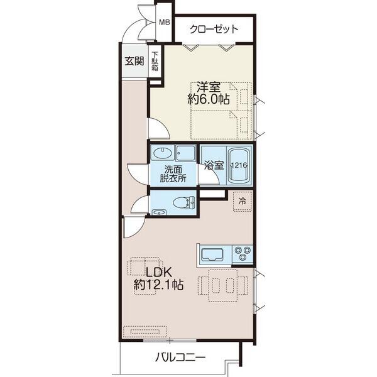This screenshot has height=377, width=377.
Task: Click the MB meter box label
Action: pyautogui.click(x=163, y=23)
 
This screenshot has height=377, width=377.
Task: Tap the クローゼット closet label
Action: pyautogui.click(x=214, y=29)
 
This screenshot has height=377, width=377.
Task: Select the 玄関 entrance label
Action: pyautogui.click(x=133, y=61)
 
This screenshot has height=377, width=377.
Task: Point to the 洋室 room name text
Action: pyautogui.click(x=207, y=87)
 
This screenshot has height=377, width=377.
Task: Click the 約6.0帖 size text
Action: pyautogui.click(x=208, y=99)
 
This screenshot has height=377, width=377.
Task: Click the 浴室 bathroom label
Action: pyautogui.click(x=214, y=165)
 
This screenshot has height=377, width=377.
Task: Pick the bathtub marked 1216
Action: pyautogui.click(x=238, y=165)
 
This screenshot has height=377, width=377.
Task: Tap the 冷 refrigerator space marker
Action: pyautogui.click(x=242, y=201)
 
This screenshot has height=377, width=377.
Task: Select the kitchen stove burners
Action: pyautogui.click(x=241, y=254)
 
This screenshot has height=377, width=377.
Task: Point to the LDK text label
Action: pyautogui.click(x=158, y=272)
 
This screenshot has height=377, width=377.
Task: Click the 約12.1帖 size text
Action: pyautogui.click(x=158, y=285)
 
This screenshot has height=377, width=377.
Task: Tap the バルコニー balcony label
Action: pyautogui.click(x=180, y=358)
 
